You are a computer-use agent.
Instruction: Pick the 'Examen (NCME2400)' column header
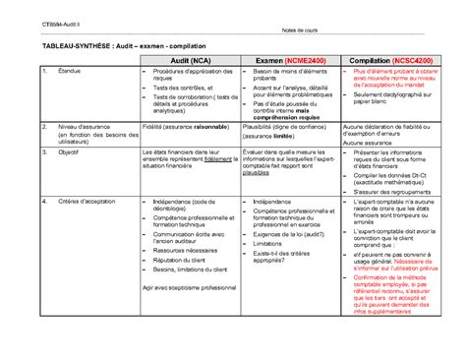(x=289, y=62)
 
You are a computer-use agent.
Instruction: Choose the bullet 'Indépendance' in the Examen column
(x=278, y=201)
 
